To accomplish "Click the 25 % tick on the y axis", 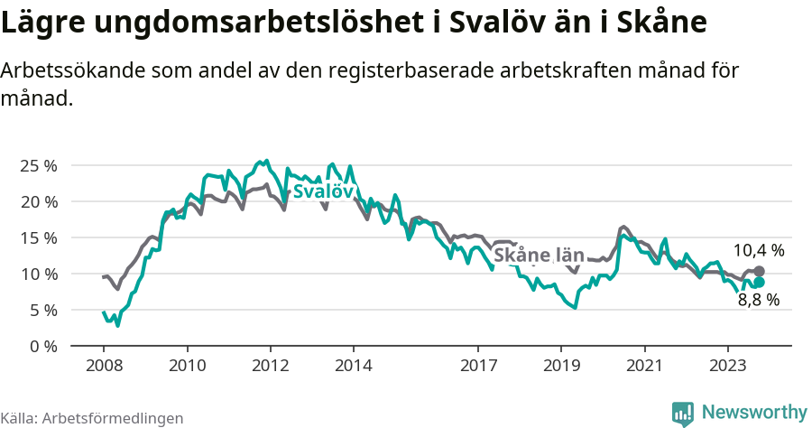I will pos(37,165).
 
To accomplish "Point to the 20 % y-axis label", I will pos(37,201).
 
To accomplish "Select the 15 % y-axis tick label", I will pos(37,237).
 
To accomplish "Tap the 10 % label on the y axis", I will pos(37,274).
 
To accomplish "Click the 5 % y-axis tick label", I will pos(42,310).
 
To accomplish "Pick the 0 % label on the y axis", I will pos(42,346).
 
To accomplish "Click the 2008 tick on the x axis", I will pos(104,366).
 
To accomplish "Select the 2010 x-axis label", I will pos(187,366).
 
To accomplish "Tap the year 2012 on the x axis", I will pos(270,366).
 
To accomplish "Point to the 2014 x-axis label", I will pos(353,366).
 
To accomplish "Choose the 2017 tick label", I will pos(478,366).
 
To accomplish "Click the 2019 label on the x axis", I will pos(561,366).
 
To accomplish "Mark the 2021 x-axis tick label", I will pos(644,366).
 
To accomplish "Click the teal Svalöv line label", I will pos(322,191).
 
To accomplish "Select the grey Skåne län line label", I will pos(539,256).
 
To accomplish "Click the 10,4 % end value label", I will pos(758,250).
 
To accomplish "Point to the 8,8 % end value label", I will pos(758,301).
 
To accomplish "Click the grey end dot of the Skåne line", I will pos(759,271).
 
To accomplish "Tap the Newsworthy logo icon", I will pos(683,413).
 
